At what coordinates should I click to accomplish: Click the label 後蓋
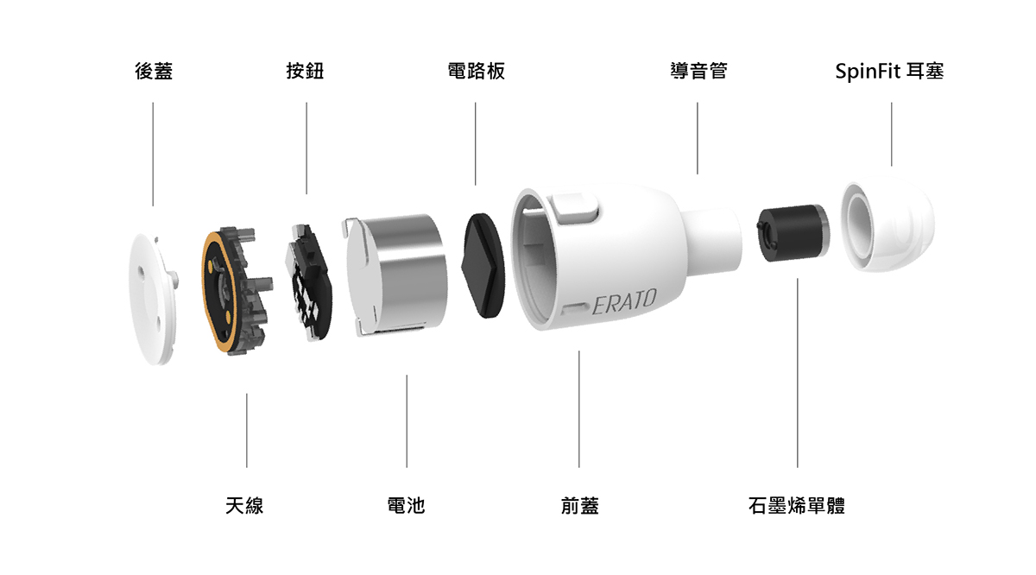(x=154, y=72)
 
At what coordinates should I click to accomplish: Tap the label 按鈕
(x=306, y=72)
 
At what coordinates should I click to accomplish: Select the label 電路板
(x=477, y=72)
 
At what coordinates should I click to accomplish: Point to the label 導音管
(x=698, y=72)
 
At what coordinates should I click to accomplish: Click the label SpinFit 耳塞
(x=889, y=72)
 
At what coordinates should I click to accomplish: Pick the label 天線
(x=244, y=505)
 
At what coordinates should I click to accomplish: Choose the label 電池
(x=406, y=505)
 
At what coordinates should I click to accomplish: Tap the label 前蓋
(x=580, y=505)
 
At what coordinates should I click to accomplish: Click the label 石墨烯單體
(x=796, y=505)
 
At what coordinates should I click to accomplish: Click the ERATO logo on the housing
(x=624, y=300)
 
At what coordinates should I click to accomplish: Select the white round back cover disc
(x=153, y=299)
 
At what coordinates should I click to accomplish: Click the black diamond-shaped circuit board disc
(x=484, y=265)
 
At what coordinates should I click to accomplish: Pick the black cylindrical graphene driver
(x=793, y=233)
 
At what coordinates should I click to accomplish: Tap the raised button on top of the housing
(x=575, y=205)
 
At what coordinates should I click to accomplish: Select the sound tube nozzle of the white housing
(x=712, y=238)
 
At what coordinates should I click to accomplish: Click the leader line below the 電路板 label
(x=475, y=144)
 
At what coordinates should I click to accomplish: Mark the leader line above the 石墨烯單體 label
(x=798, y=373)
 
